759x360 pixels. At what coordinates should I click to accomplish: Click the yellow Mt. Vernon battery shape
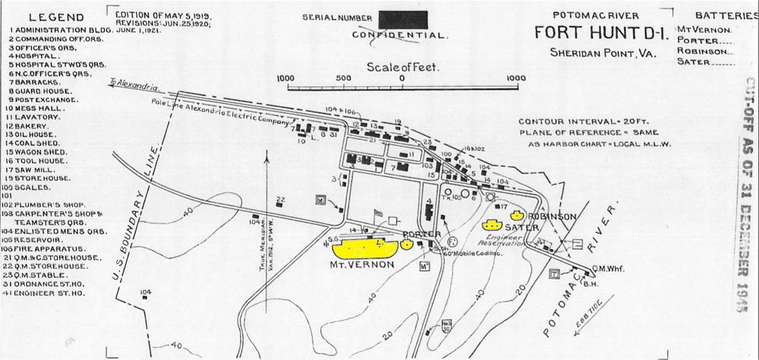pyautogui.click(x=364, y=248)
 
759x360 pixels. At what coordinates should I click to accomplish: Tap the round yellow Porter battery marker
pyautogui.click(x=406, y=245)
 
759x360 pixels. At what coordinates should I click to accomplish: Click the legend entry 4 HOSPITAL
pyautogui.click(x=35, y=56)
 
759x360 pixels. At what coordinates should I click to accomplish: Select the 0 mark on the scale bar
pyautogui.click(x=402, y=78)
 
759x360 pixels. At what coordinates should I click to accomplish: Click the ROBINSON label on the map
pyautogui.click(x=550, y=216)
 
